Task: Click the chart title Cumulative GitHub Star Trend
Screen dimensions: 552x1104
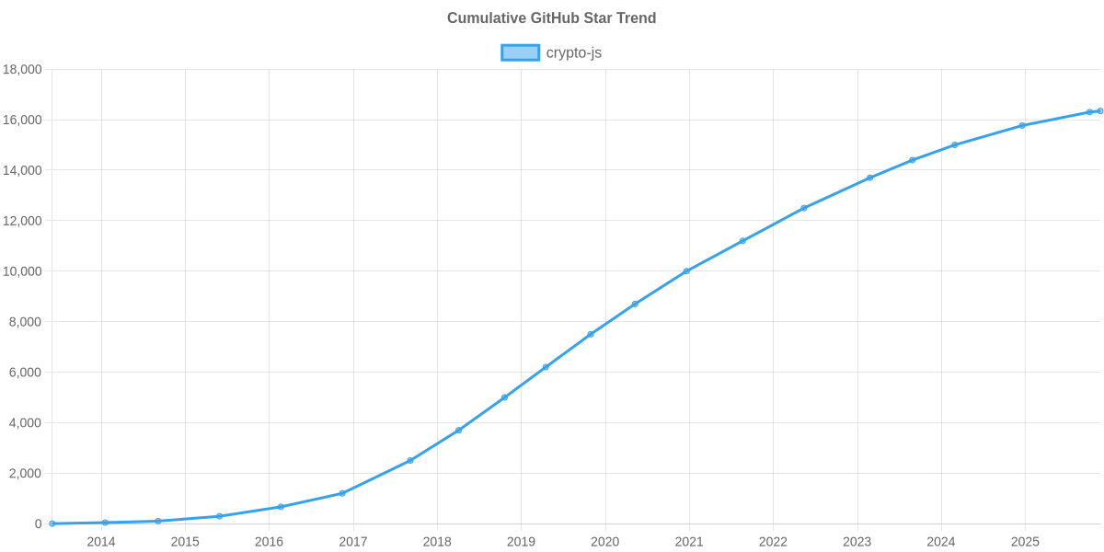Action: tap(551, 18)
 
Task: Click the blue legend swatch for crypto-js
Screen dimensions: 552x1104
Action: tap(520, 52)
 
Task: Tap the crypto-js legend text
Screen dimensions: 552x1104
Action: tap(574, 52)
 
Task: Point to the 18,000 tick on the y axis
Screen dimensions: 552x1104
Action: tap(23, 70)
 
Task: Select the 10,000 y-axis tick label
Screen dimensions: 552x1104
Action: tap(23, 271)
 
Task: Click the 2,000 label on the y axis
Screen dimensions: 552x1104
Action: tap(26, 473)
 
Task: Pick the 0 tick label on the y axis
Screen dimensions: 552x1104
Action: tap(39, 523)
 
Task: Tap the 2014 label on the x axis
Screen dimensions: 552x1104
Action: tap(101, 542)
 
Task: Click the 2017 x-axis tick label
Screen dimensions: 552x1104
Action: tap(353, 542)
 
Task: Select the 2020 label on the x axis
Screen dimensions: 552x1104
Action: tap(604, 542)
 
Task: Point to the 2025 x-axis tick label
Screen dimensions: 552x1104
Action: tap(1025, 542)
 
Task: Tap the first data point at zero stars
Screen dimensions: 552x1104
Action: tap(52, 523)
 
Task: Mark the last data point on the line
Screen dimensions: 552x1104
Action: tap(1099, 111)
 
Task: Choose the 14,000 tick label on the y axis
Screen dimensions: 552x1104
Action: tap(23, 170)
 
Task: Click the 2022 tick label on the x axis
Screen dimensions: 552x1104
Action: tap(773, 542)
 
